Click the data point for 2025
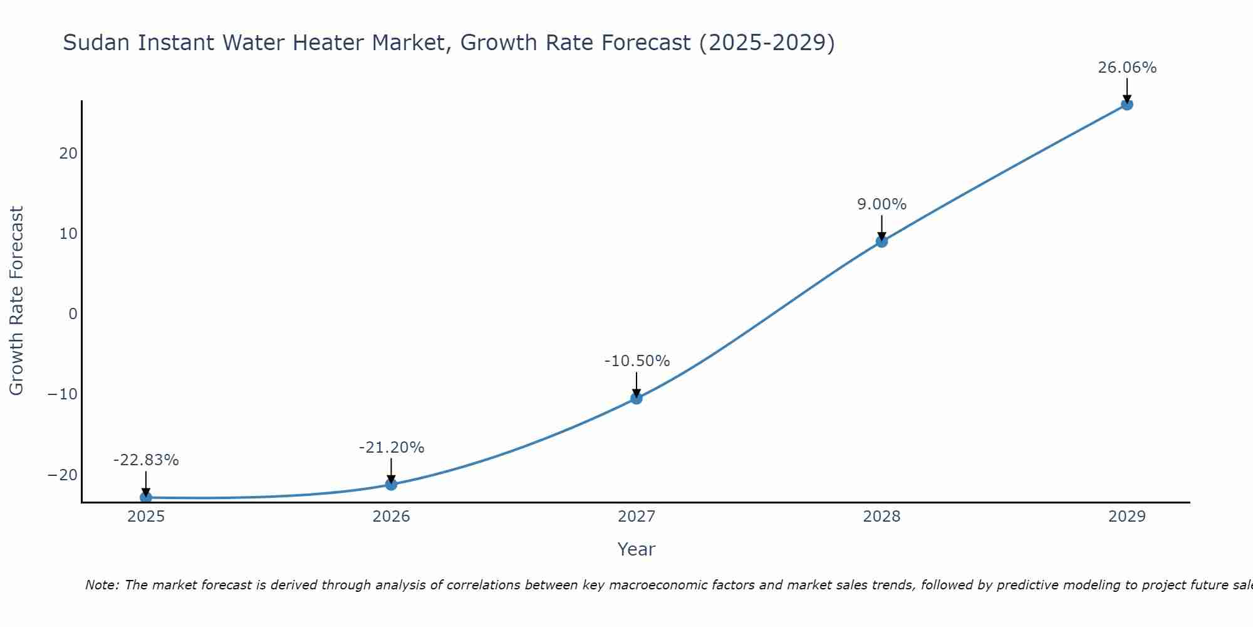146,497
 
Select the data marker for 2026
391,484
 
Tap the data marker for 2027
637,398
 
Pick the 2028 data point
881,241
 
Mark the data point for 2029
1127,104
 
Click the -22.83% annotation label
146,460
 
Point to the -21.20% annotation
392,448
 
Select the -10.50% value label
637,361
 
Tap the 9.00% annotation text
881,204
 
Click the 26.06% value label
1127,68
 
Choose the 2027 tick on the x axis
637,517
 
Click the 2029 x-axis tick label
1127,517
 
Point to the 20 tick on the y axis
68,153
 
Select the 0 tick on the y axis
73,313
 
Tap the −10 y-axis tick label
63,394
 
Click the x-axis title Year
636,549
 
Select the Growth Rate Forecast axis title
16,301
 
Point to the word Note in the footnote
101,585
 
